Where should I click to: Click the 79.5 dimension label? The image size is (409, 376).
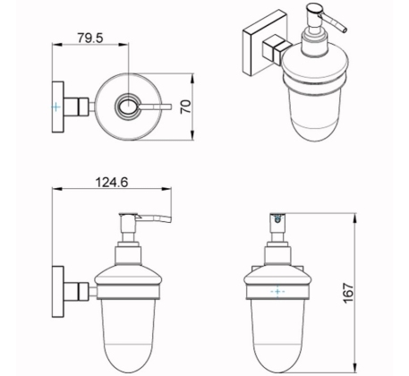(x=90, y=38)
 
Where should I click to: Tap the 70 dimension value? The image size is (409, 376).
(x=185, y=107)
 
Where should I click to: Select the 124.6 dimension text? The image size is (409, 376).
(x=111, y=182)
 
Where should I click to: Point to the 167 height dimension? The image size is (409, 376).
(x=348, y=294)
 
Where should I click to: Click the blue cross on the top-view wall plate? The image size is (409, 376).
(x=55, y=107)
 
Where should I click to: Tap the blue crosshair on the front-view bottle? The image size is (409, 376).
(x=277, y=291)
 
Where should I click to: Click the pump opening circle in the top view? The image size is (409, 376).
(x=128, y=106)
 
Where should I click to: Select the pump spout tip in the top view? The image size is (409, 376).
(x=170, y=107)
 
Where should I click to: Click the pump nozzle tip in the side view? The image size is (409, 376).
(x=170, y=219)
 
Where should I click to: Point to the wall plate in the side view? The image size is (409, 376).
(x=58, y=291)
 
